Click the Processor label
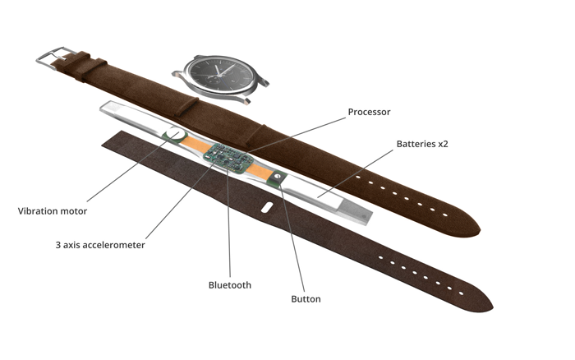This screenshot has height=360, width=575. (369, 112)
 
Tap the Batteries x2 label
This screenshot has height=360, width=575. (422, 144)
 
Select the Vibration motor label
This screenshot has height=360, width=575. (53, 211)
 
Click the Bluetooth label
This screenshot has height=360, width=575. (230, 285)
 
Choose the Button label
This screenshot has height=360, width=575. (306, 298)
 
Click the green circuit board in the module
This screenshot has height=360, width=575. (224, 155)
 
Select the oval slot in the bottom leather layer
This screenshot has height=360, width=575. (263, 207)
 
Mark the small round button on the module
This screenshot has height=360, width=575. (278, 175)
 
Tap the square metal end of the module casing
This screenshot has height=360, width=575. (355, 207)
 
